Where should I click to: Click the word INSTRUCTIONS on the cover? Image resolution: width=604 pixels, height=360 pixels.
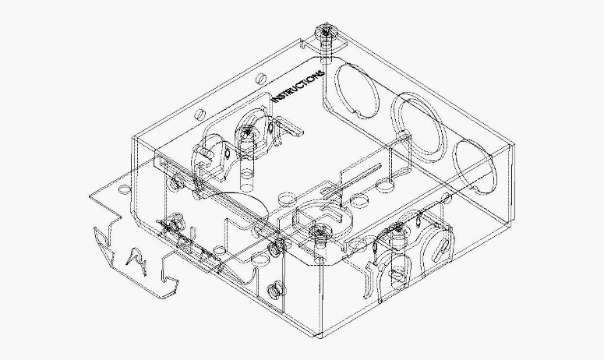tap(298, 86)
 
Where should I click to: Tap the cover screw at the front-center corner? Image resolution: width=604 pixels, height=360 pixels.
tap(318, 231)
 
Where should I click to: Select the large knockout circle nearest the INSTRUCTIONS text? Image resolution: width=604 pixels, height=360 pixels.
tap(356, 91)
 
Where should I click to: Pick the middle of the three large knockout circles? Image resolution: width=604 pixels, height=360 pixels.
tap(419, 126)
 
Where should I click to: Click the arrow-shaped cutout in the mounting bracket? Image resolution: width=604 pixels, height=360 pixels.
tap(136, 262)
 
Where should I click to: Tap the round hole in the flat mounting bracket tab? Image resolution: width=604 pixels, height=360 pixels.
tap(124, 189)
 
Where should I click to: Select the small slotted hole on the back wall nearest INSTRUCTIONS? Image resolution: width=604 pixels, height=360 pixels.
tap(260, 78)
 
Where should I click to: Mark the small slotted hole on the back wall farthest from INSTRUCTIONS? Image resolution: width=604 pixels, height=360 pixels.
tap(200, 114)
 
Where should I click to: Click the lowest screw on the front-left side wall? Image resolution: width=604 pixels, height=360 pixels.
tap(274, 291)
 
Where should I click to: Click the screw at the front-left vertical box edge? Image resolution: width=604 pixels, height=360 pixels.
tap(274, 249)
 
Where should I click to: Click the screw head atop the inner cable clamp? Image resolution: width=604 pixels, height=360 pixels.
tap(246, 132)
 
